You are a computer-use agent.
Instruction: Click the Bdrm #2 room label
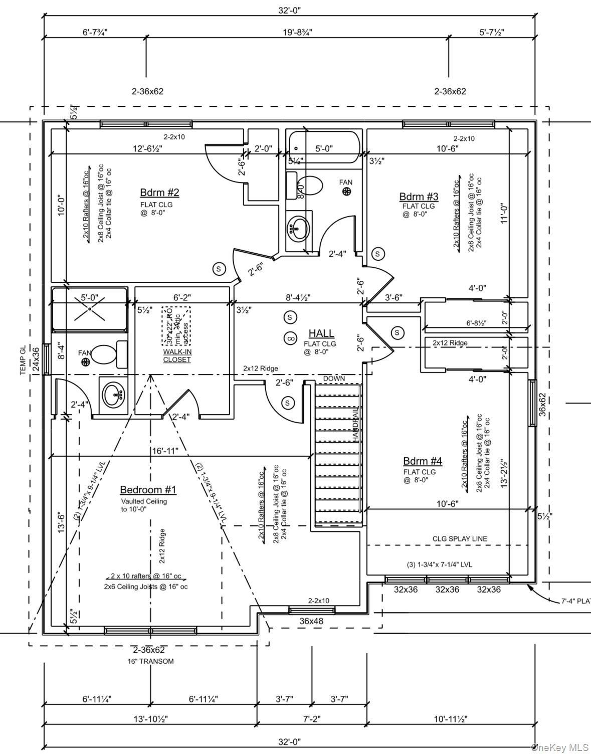point(159,193)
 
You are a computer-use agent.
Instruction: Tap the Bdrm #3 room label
point(419,197)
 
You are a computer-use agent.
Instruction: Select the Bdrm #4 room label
point(423,461)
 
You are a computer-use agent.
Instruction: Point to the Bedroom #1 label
point(148,490)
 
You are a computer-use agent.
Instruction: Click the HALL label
point(321,333)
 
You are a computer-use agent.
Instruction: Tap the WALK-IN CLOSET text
point(177,355)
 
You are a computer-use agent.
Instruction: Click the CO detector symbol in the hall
point(290,338)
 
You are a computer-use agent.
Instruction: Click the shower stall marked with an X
point(89,309)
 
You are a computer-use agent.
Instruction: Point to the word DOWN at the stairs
point(334,379)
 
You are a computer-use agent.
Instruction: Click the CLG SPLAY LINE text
point(460,539)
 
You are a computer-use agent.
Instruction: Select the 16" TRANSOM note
point(150,661)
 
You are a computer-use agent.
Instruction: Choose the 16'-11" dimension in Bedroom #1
point(165,451)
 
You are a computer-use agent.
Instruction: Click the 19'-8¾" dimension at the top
point(297,33)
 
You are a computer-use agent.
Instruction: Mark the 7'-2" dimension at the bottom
point(312,718)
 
